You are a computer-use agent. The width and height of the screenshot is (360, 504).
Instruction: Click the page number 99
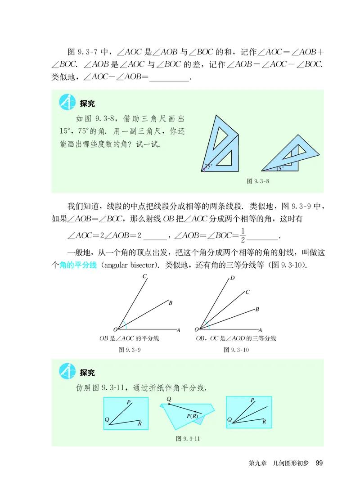[x=319, y=463]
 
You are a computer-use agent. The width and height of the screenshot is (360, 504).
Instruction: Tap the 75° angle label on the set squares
[x=208, y=166]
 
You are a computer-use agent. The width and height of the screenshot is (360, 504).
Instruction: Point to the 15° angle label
[x=279, y=169]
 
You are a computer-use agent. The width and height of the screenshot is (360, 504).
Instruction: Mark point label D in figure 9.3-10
[x=232, y=278]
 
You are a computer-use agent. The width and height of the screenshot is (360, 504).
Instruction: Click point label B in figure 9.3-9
[x=171, y=302]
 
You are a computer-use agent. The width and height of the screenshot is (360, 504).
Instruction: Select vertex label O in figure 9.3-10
[x=196, y=330]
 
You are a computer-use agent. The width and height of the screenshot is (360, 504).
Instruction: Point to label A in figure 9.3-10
[x=261, y=330]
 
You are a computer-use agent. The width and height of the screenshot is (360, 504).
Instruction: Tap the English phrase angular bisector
[x=128, y=265]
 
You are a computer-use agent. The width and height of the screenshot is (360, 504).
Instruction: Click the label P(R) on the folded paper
[x=193, y=416]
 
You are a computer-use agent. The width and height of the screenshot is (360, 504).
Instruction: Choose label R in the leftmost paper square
[x=140, y=423]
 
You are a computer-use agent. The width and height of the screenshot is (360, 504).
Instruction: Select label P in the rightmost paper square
[x=252, y=400]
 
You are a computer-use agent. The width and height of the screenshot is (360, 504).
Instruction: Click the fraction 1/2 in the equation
[x=242, y=236]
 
